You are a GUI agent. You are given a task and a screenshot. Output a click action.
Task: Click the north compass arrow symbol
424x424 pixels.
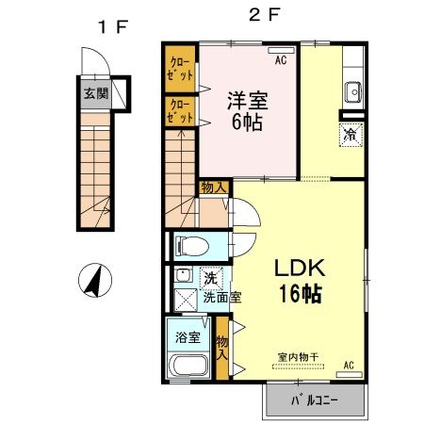[x=96, y=279]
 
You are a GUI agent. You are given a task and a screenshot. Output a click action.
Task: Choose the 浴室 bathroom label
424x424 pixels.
[x=185, y=335]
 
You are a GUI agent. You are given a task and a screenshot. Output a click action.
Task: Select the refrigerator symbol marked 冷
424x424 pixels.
[x=348, y=134]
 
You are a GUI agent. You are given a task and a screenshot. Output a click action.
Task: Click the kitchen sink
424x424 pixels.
[x=355, y=92]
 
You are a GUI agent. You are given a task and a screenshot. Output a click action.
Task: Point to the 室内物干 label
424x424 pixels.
[x=298, y=356]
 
